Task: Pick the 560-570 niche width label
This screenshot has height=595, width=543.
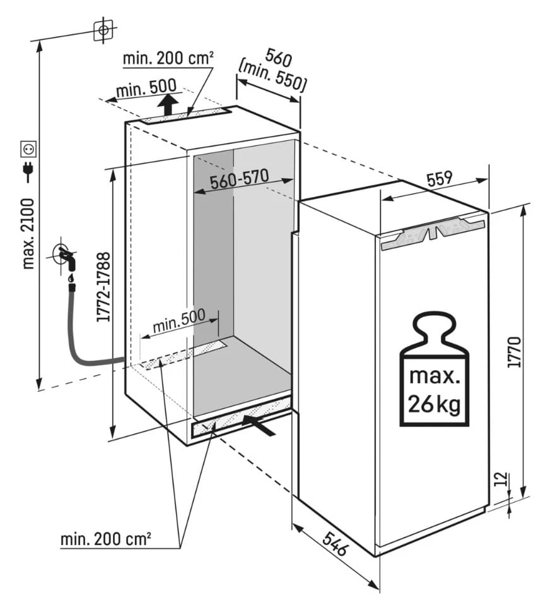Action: click(240, 179)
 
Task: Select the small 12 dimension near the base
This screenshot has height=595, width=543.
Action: click(501, 479)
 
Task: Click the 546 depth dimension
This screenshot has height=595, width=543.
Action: click(335, 543)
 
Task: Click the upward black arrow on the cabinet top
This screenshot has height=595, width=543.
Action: click(168, 105)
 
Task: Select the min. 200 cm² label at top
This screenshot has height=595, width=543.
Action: click(168, 59)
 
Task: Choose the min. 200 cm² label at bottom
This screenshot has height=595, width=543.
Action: click(106, 539)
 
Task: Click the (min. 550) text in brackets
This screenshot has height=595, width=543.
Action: click(272, 78)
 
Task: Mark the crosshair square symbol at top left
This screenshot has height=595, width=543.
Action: click(103, 30)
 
